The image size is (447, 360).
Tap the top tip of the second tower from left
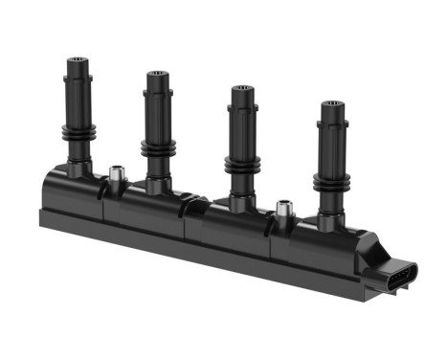157,74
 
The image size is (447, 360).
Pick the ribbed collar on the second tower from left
157,146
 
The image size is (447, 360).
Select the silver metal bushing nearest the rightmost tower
283,208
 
